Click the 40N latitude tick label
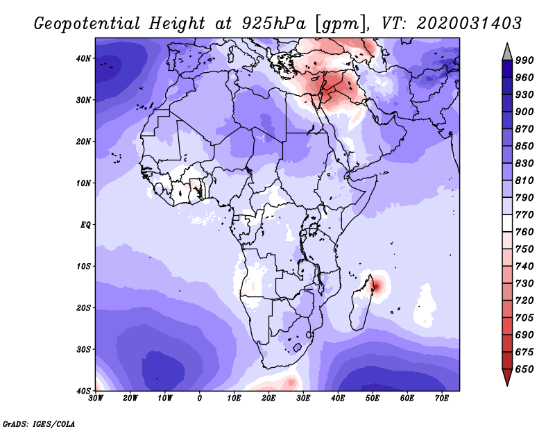tap(83, 58)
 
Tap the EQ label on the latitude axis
tap(85, 225)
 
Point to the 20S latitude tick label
tap(83, 308)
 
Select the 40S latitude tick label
tap(83, 391)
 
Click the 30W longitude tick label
tap(96, 398)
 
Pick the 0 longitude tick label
tap(200, 398)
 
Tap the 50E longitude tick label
tap(373, 398)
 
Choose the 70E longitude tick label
tap(441, 398)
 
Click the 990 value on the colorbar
tap(524, 60)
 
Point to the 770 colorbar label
tap(524, 214)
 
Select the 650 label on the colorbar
tap(524, 369)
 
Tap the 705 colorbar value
tap(524, 317)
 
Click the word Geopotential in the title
tap(87, 24)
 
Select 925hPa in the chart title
tap(273, 24)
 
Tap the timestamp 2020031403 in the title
tap(469, 24)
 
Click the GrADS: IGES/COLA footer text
tap(39, 423)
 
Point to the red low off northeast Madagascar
tap(377, 285)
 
